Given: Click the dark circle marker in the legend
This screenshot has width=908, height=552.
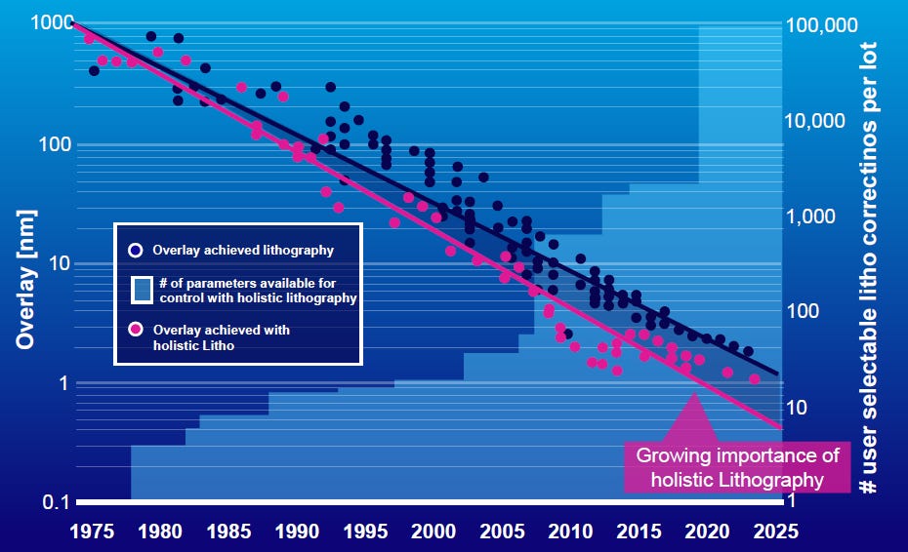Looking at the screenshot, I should tap(137, 250).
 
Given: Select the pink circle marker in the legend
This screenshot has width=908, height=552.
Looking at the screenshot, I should tap(137, 330).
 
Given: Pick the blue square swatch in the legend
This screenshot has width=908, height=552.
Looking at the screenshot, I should tap(142, 290).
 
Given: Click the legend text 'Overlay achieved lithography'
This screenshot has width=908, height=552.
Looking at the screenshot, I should tap(243, 250).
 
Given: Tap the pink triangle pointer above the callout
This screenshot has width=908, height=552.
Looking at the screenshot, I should tap(694, 419).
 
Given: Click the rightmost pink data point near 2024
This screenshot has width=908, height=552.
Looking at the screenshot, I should tap(754, 378).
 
